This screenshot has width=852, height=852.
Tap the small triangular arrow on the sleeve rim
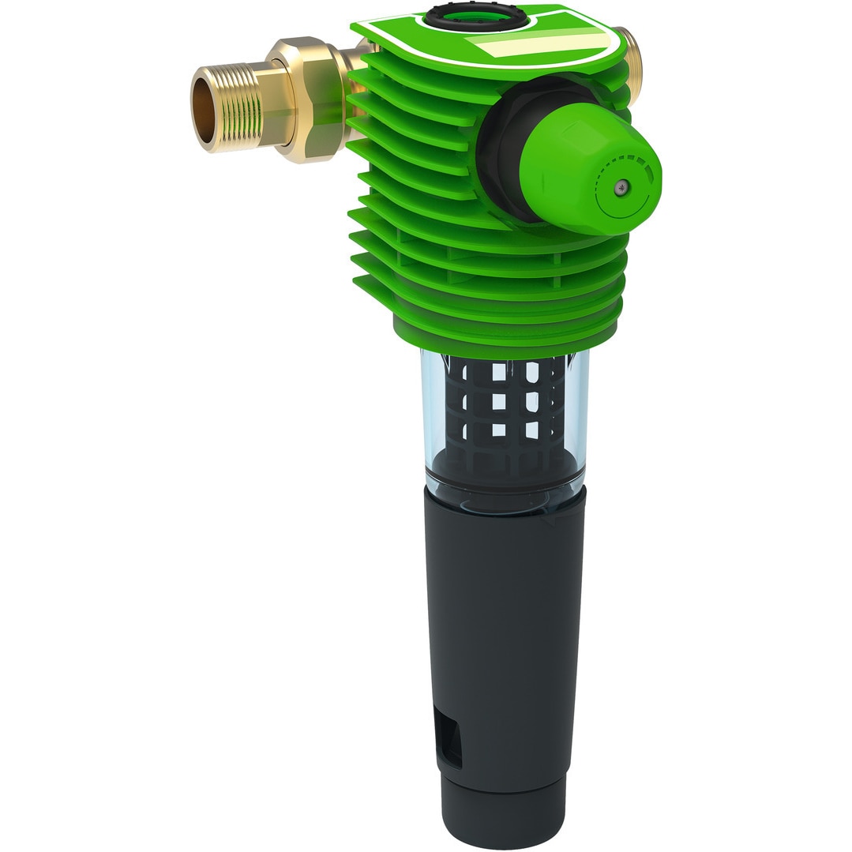coord(550,520)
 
